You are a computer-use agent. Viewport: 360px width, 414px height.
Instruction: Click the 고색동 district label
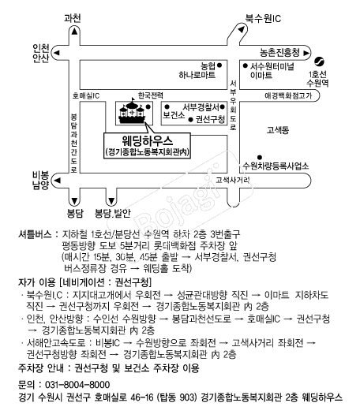(280, 128)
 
